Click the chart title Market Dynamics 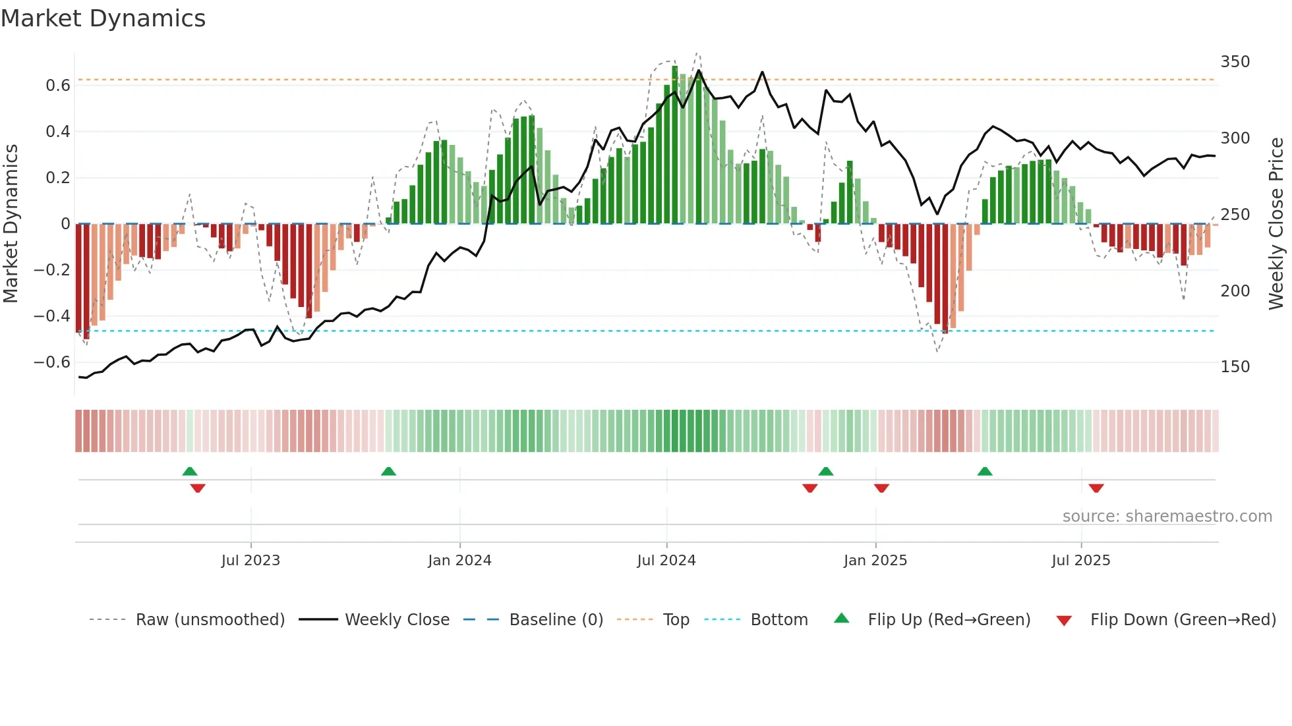point(103,18)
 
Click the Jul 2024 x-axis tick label point(666,561)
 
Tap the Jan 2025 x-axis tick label point(875,561)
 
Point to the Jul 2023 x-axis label point(250,561)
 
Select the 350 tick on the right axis point(1235,62)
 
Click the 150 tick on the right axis point(1235,367)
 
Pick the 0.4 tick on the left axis point(58,132)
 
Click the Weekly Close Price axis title point(1276,224)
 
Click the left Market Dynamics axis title point(11,224)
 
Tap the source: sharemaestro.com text point(1167,517)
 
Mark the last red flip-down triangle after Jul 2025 point(1096,488)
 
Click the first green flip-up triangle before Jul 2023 point(190,471)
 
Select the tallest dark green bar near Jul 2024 point(674,145)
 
